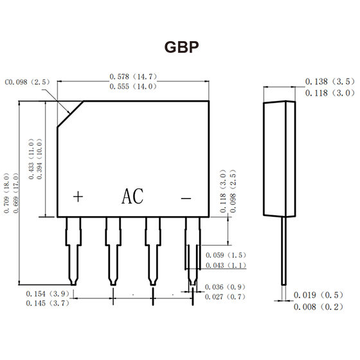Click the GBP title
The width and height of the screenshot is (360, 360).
(x=181, y=47)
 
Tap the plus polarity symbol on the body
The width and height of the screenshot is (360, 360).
(x=78, y=197)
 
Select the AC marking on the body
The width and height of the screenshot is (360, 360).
(x=132, y=196)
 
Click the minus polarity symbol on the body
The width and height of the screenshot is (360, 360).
(x=186, y=198)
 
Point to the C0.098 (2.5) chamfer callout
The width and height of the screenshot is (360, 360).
(x=27, y=82)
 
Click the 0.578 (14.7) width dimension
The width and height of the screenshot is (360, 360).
(x=133, y=76)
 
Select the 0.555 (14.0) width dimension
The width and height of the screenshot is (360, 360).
(x=133, y=87)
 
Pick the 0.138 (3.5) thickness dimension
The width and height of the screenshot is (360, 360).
(x=330, y=82)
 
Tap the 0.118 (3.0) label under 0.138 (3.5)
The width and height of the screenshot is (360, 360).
(x=330, y=93)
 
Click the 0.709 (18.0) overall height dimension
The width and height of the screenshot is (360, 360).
(x=6, y=193)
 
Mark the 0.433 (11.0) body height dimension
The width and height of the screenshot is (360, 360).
(x=31, y=159)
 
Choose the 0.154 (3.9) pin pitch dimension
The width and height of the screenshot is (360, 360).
(x=48, y=294)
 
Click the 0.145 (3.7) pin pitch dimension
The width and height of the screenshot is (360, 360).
(x=48, y=303)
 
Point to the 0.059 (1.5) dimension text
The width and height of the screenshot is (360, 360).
(x=226, y=255)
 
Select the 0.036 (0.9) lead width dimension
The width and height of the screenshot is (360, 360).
(x=225, y=287)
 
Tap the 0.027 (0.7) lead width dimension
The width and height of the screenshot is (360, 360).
(x=225, y=297)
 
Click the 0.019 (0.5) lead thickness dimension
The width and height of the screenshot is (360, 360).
(x=318, y=295)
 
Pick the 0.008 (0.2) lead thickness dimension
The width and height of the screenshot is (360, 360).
(x=318, y=307)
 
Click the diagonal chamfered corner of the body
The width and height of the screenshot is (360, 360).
(x=71, y=114)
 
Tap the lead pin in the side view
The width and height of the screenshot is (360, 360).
(x=284, y=251)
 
